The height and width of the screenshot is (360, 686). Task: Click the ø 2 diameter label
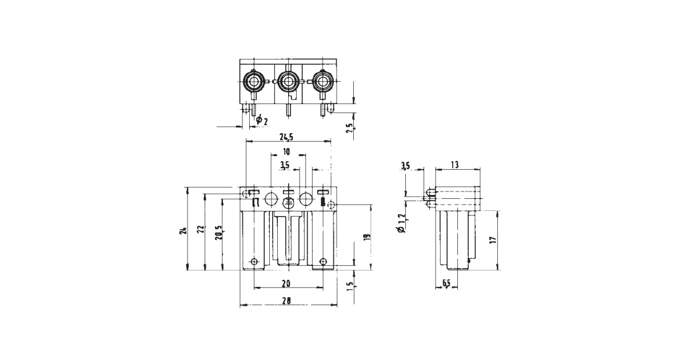[x=262, y=120]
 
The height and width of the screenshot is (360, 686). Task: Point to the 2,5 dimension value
[x=350, y=127]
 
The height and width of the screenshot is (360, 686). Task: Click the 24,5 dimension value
[x=287, y=137]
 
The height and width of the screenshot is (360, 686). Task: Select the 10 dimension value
[x=286, y=152]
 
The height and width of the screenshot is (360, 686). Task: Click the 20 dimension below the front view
[x=286, y=283]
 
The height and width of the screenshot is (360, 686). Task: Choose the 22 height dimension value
[x=200, y=230]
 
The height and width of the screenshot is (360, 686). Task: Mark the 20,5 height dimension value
[x=218, y=233]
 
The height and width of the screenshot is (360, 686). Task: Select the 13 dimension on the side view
[x=455, y=165]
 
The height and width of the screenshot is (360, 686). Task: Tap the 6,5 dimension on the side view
[x=447, y=283]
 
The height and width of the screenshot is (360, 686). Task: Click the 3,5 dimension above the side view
[x=405, y=166]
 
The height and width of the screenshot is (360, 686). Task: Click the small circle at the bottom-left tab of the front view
[x=254, y=262]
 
